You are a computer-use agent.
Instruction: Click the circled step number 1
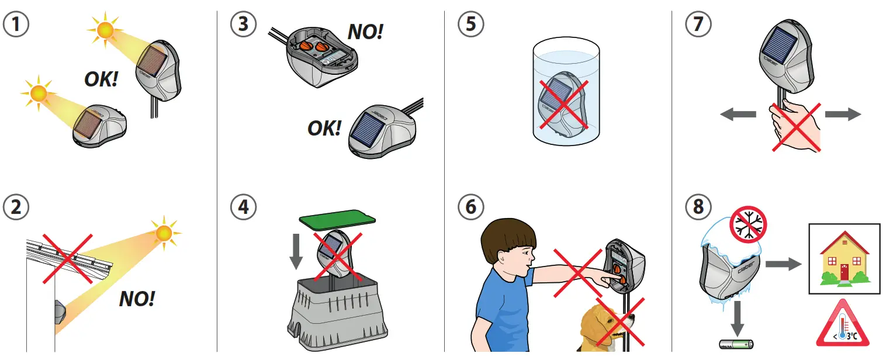click(x=16, y=24)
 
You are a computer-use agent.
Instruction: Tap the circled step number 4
click(x=243, y=207)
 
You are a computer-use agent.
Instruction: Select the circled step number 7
click(x=698, y=24)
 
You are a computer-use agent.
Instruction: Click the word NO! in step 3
click(x=365, y=32)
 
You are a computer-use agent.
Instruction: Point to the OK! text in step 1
click(x=101, y=79)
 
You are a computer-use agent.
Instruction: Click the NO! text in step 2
click(x=137, y=299)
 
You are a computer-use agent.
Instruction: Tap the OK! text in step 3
click(x=324, y=128)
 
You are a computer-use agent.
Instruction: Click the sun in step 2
click(x=165, y=233)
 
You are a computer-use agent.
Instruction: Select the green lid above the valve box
click(x=337, y=219)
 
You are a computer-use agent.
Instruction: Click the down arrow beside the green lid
click(x=296, y=252)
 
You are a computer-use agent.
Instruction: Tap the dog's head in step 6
click(x=607, y=324)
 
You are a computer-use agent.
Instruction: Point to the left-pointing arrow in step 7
click(x=738, y=115)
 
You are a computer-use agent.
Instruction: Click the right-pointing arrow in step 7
click(x=843, y=115)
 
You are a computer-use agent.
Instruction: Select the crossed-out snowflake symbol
click(x=748, y=224)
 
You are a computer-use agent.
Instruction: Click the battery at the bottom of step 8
click(x=736, y=345)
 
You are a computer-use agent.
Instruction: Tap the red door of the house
click(x=844, y=272)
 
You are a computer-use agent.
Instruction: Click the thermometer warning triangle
click(x=843, y=324)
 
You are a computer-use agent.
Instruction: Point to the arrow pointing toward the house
click(x=783, y=264)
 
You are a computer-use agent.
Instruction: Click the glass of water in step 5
click(x=566, y=91)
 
